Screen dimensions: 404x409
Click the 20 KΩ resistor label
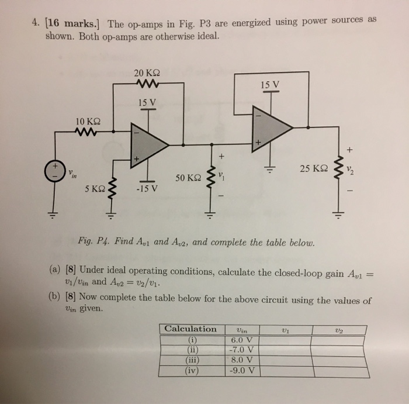[x=146, y=73]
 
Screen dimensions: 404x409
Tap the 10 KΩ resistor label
[x=89, y=122]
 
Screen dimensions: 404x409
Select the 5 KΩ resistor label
[x=94, y=189]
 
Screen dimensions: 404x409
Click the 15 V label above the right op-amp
[x=269, y=85]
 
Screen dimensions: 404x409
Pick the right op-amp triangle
[x=271, y=126]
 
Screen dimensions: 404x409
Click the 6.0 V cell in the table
[x=241, y=339]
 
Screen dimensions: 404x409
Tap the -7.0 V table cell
[x=241, y=350]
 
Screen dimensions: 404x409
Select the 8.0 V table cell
[x=241, y=360]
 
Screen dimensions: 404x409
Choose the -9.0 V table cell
[x=241, y=370]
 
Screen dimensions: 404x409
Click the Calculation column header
[x=190, y=329]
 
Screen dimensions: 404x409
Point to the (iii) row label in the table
[x=191, y=360]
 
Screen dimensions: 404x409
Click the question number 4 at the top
[x=34, y=24]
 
